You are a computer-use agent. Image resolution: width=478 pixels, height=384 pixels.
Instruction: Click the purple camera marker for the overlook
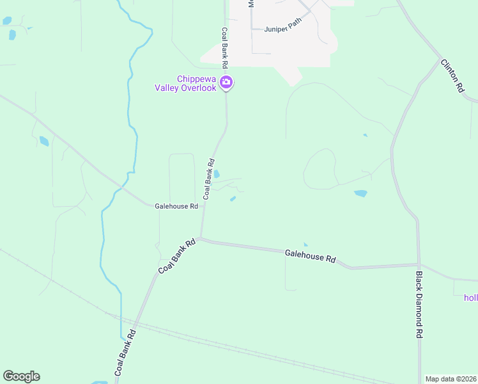pyautogui.click(x=226, y=82)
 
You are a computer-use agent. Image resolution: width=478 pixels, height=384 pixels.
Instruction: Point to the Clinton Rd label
pyautogui.click(x=452, y=77)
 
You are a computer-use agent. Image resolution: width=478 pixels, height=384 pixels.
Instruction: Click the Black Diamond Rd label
pyautogui.click(x=419, y=305)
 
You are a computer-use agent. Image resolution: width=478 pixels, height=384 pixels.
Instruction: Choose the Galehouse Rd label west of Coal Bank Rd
pyautogui.click(x=176, y=205)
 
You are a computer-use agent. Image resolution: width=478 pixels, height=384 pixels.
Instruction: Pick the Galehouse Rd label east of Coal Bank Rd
pyautogui.click(x=310, y=257)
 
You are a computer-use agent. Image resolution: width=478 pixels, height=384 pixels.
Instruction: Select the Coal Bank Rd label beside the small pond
pyautogui.click(x=209, y=180)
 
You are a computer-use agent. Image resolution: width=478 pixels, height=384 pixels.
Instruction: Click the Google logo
pyautogui.click(x=21, y=376)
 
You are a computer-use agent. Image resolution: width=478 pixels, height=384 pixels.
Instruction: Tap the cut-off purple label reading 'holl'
pyautogui.click(x=470, y=297)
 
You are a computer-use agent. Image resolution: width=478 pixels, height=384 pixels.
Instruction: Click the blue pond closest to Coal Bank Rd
pyautogui.click(x=217, y=174)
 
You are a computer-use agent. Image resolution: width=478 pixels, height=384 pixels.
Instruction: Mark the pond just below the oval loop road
pyautogui.click(x=360, y=193)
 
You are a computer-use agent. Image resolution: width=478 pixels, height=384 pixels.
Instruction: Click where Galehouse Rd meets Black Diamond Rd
pyautogui.click(x=419, y=264)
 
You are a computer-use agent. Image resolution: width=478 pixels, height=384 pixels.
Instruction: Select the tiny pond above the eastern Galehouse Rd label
pyautogui.click(x=305, y=244)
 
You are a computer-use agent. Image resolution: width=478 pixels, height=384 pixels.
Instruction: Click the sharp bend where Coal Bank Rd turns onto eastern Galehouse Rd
pyautogui.click(x=200, y=239)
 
